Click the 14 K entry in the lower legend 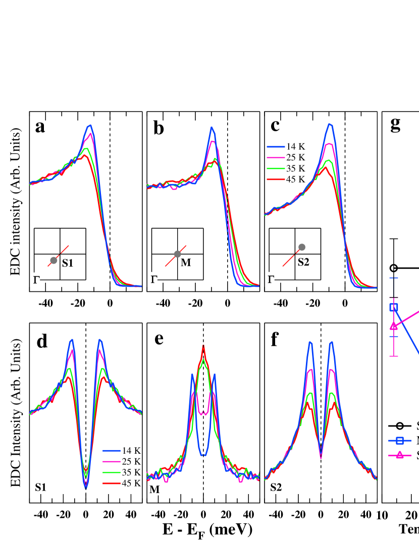(x=122, y=450)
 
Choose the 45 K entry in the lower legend (x=122, y=483)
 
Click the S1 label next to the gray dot (x=68, y=263)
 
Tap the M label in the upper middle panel (x=185, y=262)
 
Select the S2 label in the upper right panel (x=303, y=262)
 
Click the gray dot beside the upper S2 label (x=302, y=247)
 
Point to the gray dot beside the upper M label (x=177, y=254)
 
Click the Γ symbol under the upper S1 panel (x=36, y=280)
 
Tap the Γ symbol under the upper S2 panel (x=271, y=279)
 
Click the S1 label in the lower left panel (x=41, y=487)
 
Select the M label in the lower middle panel (x=154, y=489)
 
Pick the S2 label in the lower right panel (x=276, y=487)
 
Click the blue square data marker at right (x=394, y=307)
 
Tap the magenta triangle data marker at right (x=394, y=326)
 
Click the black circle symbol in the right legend (x=400, y=426)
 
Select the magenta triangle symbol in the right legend (x=400, y=455)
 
